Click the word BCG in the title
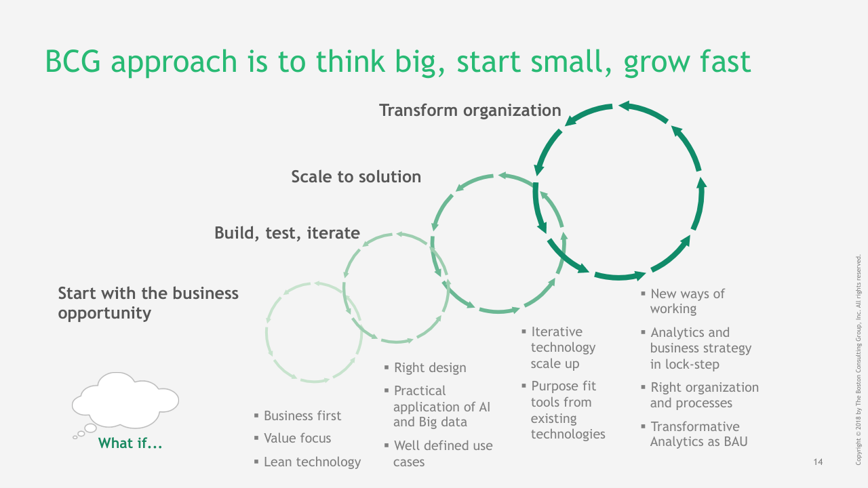coord(73,61)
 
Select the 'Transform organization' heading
coord(470,110)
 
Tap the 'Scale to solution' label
coord(356,177)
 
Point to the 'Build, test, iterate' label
coord(287,233)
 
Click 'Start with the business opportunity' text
coord(148,303)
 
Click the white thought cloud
coord(125,401)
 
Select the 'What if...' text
coord(130,443)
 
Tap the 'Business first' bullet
coord(302,415)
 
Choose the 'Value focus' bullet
coord(297,438)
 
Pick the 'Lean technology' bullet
coord(312,462)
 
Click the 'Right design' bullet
coord(430,367)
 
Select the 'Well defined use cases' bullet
coord(443,453)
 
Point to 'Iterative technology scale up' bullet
coord(563,348)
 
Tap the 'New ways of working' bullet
coord(687,301)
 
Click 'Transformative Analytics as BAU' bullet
coord(698,434)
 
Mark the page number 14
coord(818,462)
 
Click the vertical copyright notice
coord(859,360)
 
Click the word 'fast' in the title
coord(726,61)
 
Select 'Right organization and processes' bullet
coord(704,395)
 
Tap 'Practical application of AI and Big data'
coord(441,406)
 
